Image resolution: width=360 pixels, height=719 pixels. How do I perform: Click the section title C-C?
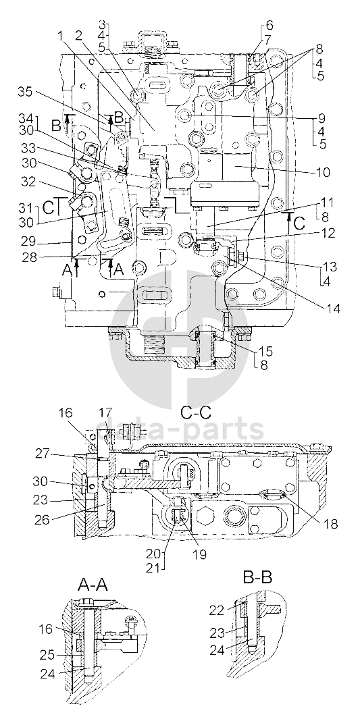click(196, 413)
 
